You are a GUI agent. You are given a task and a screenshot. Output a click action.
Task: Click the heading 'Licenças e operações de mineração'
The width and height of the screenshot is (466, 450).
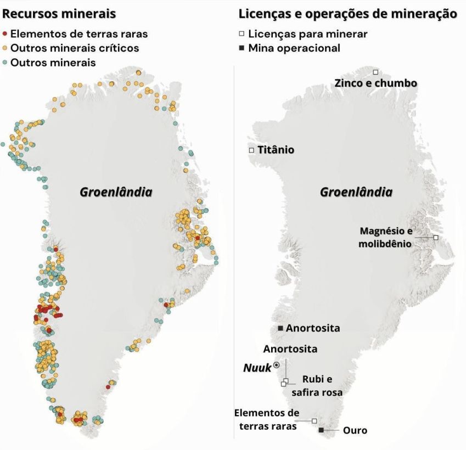click(348, 13)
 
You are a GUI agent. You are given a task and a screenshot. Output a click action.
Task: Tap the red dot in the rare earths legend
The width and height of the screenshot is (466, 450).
click(5, 34)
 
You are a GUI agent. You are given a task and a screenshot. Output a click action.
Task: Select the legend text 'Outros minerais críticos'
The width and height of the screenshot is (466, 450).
click(75, 48)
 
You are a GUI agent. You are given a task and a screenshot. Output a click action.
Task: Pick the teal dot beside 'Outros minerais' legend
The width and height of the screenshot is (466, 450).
click(5, 63)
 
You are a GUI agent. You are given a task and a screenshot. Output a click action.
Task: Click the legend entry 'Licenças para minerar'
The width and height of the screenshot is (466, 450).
click(307, 34)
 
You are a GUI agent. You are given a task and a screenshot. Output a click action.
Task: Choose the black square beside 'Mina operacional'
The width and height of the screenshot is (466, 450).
click(242, 48)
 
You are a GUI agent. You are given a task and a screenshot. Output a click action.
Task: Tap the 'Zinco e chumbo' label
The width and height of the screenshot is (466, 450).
click(375, 83)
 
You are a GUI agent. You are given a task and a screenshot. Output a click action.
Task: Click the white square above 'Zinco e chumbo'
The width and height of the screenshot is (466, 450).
click(375, 72)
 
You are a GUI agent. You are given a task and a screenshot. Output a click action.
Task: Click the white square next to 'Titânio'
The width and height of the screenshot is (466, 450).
click(251, 150)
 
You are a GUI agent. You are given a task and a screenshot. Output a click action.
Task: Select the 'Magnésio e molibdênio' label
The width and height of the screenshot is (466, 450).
click(385, 237)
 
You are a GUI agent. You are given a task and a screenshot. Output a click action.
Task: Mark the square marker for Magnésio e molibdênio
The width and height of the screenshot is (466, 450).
click(435, 237)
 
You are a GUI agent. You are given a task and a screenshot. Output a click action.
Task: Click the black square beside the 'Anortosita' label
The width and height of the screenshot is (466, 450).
click(280, 328)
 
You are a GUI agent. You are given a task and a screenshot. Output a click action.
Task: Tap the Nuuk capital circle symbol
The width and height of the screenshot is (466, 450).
click(277, 364)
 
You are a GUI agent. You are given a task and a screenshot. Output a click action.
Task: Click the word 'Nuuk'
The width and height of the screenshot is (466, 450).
click(257, 368)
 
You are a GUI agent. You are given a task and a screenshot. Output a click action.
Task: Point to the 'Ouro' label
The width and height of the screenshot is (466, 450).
click(355, 431)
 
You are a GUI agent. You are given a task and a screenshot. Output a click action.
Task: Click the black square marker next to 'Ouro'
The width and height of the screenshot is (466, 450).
click(321, 430)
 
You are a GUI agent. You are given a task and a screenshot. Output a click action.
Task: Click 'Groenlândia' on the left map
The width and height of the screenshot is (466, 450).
click(116, 193)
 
